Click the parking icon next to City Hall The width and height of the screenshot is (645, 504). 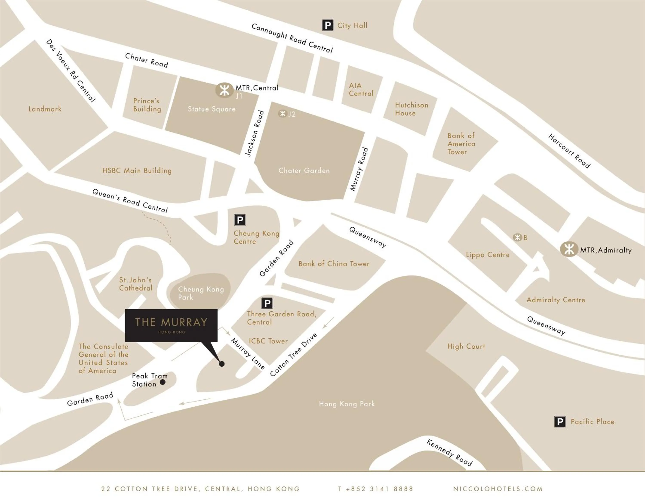coord(327,25)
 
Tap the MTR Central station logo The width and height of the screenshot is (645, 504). coord(224,90)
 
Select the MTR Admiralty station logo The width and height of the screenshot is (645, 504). coord(569,249)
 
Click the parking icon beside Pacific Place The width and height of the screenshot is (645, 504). coord(560,422)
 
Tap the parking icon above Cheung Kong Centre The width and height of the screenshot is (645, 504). coord(240,220)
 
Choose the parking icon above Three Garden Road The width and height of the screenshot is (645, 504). coord(267,303)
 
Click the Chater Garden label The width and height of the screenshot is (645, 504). coord(304,171)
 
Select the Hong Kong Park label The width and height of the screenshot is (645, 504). coord(347,404)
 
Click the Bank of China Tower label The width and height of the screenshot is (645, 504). coord(334,264)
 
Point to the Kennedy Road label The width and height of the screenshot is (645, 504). coord(450,453)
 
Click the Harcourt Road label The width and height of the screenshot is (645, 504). coord(569,151)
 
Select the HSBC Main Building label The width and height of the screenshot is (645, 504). coord(137,171)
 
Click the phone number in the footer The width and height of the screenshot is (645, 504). coord(375,489)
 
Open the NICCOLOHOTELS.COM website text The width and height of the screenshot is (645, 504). coord(498,489)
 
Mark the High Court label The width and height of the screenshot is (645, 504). coord(466,346)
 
